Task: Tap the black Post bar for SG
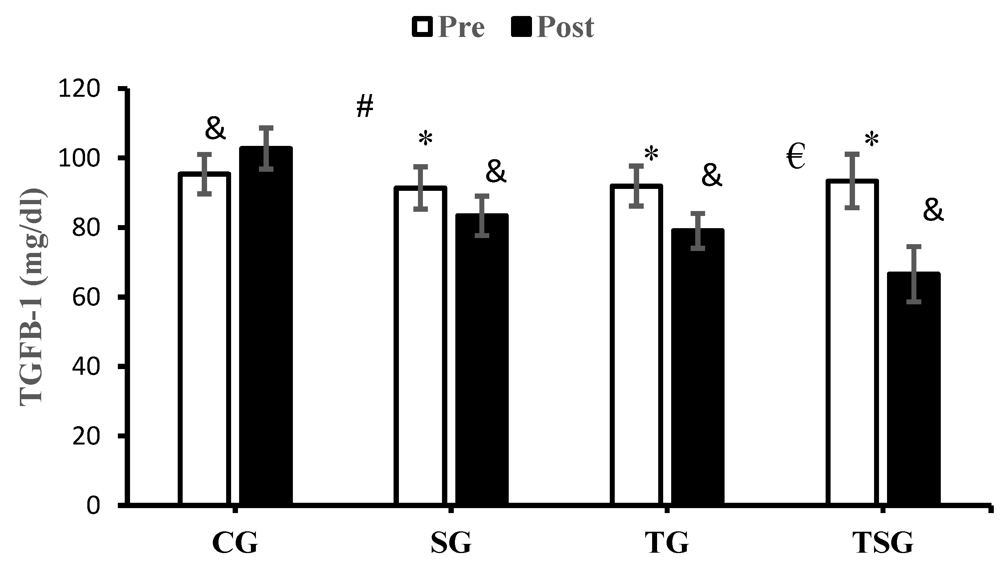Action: click(x=482, y=359)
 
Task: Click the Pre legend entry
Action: click(x=448, y=27)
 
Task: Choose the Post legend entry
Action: click(x=553, y=27)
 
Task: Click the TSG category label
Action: click(x=882, y=543)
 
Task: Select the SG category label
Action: click(x=451, y=543)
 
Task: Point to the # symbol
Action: click(x=365, y=106)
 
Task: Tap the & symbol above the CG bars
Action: click(x=215, y=128)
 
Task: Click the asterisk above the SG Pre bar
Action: click(x=425, y=139)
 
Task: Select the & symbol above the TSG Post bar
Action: click(x=933, y=211)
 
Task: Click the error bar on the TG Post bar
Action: click(x=698, y=231)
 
